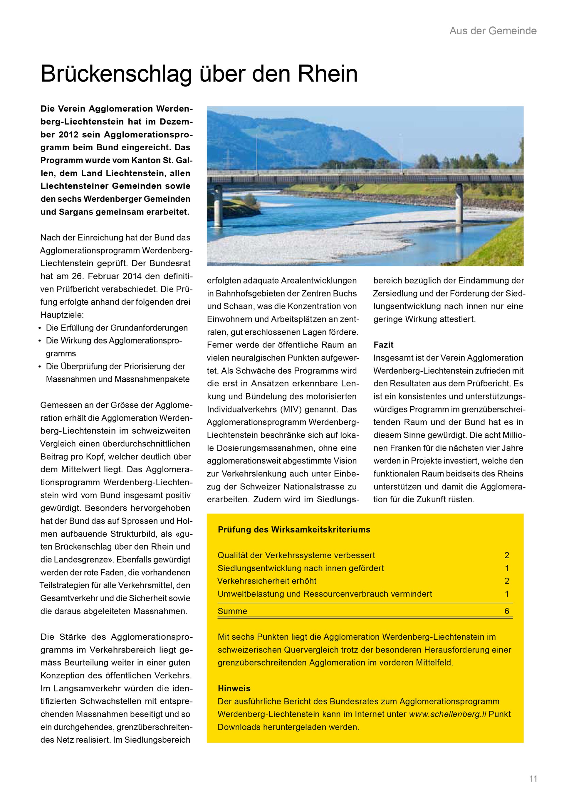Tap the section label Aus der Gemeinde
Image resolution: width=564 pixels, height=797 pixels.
[493, 31]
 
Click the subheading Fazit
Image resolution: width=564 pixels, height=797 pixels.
[383, 345]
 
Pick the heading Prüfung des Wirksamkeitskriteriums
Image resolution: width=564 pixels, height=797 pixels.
[294, 529]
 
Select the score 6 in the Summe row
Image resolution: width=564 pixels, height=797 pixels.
[507, 611]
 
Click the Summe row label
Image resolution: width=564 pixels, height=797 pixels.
[232, 611]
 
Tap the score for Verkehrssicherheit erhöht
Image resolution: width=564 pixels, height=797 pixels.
[507, 581]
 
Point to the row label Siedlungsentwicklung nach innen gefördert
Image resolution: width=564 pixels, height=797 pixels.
[301, 568]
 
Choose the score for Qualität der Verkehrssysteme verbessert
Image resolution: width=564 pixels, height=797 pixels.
[507, 555]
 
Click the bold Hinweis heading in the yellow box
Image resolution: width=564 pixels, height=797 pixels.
[234, 688]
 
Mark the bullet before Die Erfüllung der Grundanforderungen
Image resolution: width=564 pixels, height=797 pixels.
[40, 328]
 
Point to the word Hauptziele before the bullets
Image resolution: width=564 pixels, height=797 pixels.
[62, 315]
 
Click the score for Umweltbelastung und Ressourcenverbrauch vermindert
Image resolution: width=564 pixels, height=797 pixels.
[507, 594]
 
